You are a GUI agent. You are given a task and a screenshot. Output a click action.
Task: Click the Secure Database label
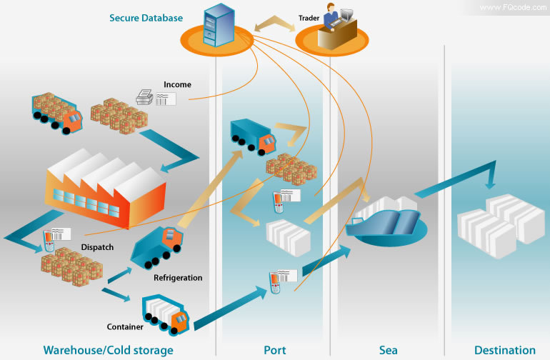[146, 18]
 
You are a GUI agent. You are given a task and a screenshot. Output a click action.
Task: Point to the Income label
[177, 84]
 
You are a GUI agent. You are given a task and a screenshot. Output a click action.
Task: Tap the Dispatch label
[97, 248]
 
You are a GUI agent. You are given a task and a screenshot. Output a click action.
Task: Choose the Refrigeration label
[178, 278]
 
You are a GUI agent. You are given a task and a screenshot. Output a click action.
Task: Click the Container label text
[126, 327]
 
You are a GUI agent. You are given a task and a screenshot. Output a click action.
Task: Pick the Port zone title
[274, 350]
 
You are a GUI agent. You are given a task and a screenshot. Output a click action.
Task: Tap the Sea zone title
[388, 350]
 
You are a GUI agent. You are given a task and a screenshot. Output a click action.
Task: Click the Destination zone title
[504, 350]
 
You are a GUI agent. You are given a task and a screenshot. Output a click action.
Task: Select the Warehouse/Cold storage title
[108, 350]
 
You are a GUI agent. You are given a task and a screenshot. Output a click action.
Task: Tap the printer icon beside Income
[146, 97]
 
